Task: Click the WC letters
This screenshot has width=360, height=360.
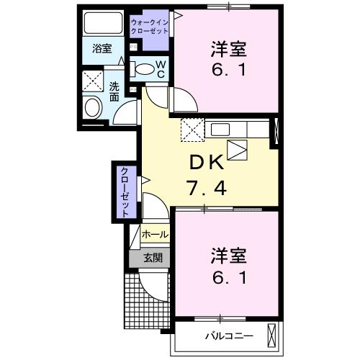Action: (161, 69)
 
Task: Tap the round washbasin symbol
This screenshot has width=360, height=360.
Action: (93, 109)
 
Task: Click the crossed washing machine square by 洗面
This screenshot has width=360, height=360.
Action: (92, 79)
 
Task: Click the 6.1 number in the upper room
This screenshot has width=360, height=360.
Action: (229, 72)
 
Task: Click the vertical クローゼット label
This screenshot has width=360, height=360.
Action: (124, 192)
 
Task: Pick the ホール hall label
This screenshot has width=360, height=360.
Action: (155, 235)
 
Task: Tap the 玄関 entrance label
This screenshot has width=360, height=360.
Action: (152, 257)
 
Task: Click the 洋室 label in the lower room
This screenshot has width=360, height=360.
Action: (229, 256)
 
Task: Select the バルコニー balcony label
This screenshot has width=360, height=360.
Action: (228, 336)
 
